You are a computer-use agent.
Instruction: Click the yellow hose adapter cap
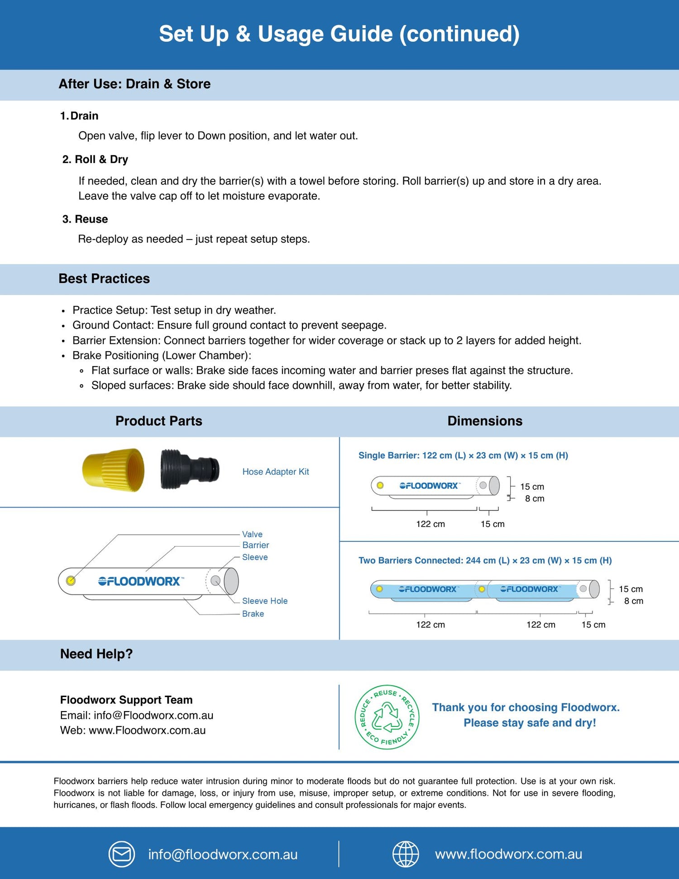[x=114, y=470]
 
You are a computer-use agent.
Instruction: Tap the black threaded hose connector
[x=189, y=469]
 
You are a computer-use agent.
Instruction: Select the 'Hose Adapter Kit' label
[x=275, y=472]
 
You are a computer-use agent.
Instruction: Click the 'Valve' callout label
[x=252, y=534]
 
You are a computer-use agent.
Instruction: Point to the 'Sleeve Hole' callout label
[x=264, y=601]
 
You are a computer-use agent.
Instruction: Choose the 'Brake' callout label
[x=253, y=614]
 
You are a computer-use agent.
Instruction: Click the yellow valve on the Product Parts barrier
[x=71, y=581]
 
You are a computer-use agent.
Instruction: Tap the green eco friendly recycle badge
[x=387, y=717]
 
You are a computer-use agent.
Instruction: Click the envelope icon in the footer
[x=121, y=854]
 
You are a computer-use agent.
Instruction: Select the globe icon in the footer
[x=405, y=854]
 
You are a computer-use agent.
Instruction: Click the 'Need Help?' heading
[x=96, y=654]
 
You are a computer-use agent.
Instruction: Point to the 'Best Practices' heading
[x=104, y=278]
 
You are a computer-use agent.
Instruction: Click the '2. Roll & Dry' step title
[x=95, y=159]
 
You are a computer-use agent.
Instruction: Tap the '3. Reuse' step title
[x=85, y=219]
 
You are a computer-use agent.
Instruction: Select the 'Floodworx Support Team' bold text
[x=126, y=700]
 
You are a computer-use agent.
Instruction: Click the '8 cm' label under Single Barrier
[x=535, y=498]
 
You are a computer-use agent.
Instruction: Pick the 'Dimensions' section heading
[x=485, y=421]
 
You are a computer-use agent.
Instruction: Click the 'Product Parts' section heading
[x=158, y=421]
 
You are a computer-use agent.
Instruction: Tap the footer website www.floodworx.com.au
[x=508, y=854]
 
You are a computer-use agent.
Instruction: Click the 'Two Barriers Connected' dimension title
[x=485, y=560]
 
